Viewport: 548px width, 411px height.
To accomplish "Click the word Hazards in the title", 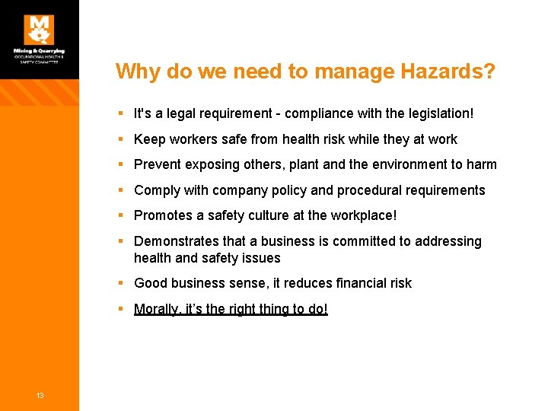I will coord(452,72).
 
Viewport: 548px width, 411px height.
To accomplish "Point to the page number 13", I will coord(40,394).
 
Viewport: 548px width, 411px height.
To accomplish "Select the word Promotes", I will coord(162,215).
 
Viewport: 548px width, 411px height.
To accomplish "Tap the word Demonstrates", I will coord(177,241).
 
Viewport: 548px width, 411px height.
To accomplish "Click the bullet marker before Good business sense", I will coord(122,283).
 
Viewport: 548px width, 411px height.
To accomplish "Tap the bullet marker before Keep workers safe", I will coord(122,139).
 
